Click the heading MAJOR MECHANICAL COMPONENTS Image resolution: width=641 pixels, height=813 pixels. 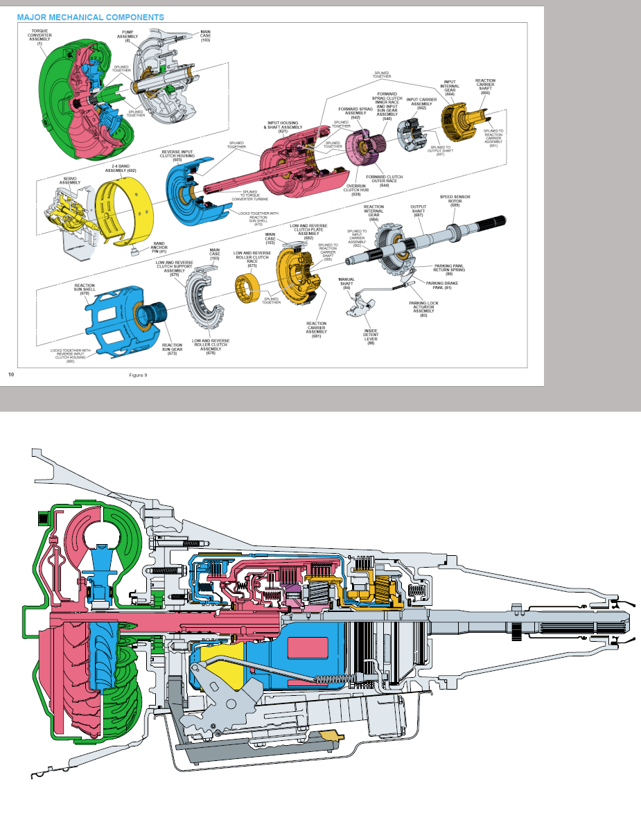[91, 17]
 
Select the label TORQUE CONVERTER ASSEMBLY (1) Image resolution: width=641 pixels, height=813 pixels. [39, 38]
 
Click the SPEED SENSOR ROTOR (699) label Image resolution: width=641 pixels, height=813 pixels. [455, 201]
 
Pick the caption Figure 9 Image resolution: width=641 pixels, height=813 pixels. [138, 375]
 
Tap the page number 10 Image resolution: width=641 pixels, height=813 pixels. [11, 374]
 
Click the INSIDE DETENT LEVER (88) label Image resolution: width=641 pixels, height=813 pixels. [371, 338]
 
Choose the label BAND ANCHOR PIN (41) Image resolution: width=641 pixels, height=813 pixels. [159, 247]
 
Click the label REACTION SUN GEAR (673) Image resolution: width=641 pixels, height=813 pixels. [173, 348]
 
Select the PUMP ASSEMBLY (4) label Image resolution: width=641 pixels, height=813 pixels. [128, 37]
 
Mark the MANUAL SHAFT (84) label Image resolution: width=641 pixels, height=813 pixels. [346, 283]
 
